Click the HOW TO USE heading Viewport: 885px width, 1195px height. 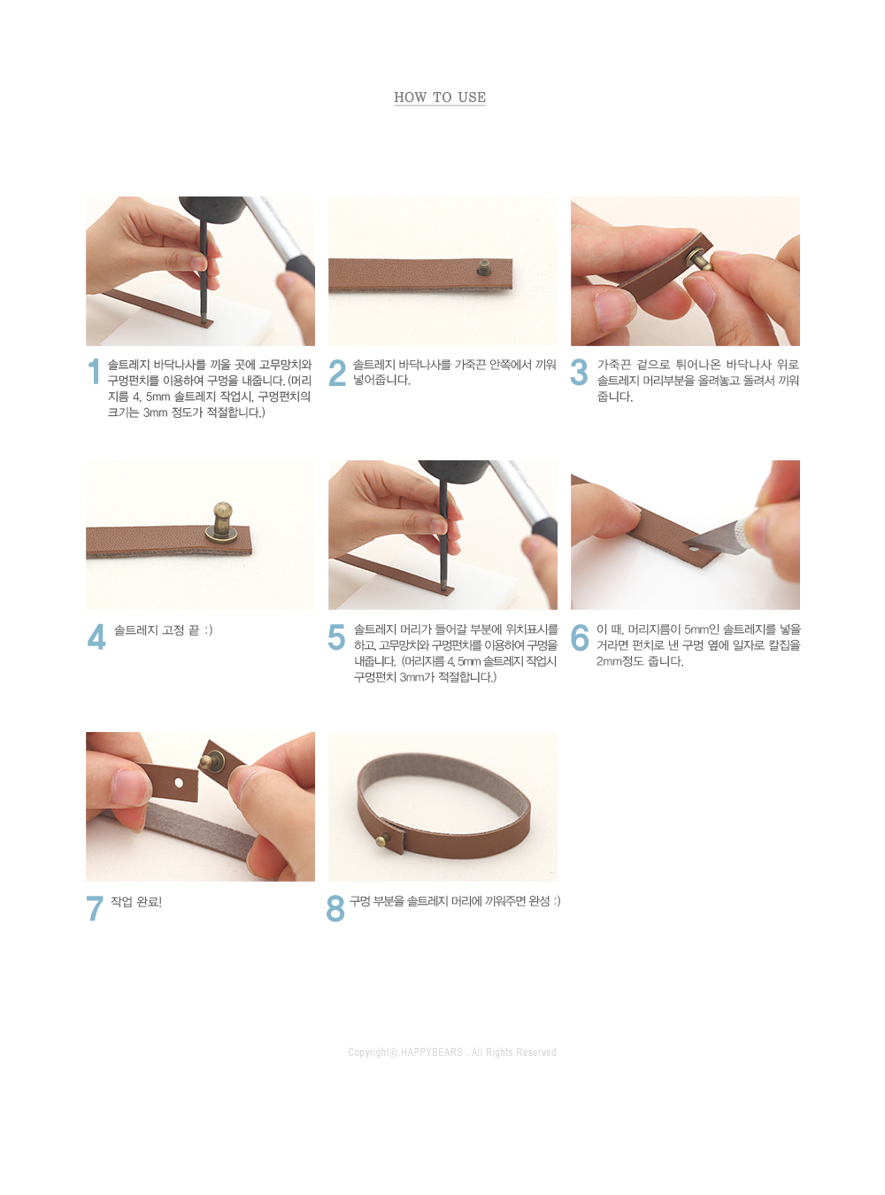click(x=440, y=97)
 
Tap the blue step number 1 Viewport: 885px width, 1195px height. click(x=95, y=372)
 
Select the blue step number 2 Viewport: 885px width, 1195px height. click(x=337, y=373)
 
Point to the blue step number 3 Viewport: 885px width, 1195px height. click(x=579, y=373)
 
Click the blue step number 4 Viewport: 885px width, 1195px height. click(x=96, y=636)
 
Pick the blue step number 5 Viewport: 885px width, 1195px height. click(x=336, y=636)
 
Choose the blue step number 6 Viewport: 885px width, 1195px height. click(x=580, y=637)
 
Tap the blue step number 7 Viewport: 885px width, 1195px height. click(x=95, y=908)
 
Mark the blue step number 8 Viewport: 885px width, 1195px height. click(x=335, y=908)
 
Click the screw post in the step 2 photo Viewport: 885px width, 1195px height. click(x=484, y=268)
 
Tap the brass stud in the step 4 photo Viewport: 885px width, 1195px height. click(x=222, y=521)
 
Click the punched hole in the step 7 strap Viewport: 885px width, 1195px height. click(x=179, y=782)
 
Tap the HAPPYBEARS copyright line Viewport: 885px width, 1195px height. click(x=452, y=1052)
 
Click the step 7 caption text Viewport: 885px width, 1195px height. click(x=136, y=902)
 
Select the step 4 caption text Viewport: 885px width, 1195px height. click(x=163, y=630)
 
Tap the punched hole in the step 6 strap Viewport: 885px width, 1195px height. click(x=694, y=550)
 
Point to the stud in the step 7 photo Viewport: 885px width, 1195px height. click(x=212, y=760)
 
